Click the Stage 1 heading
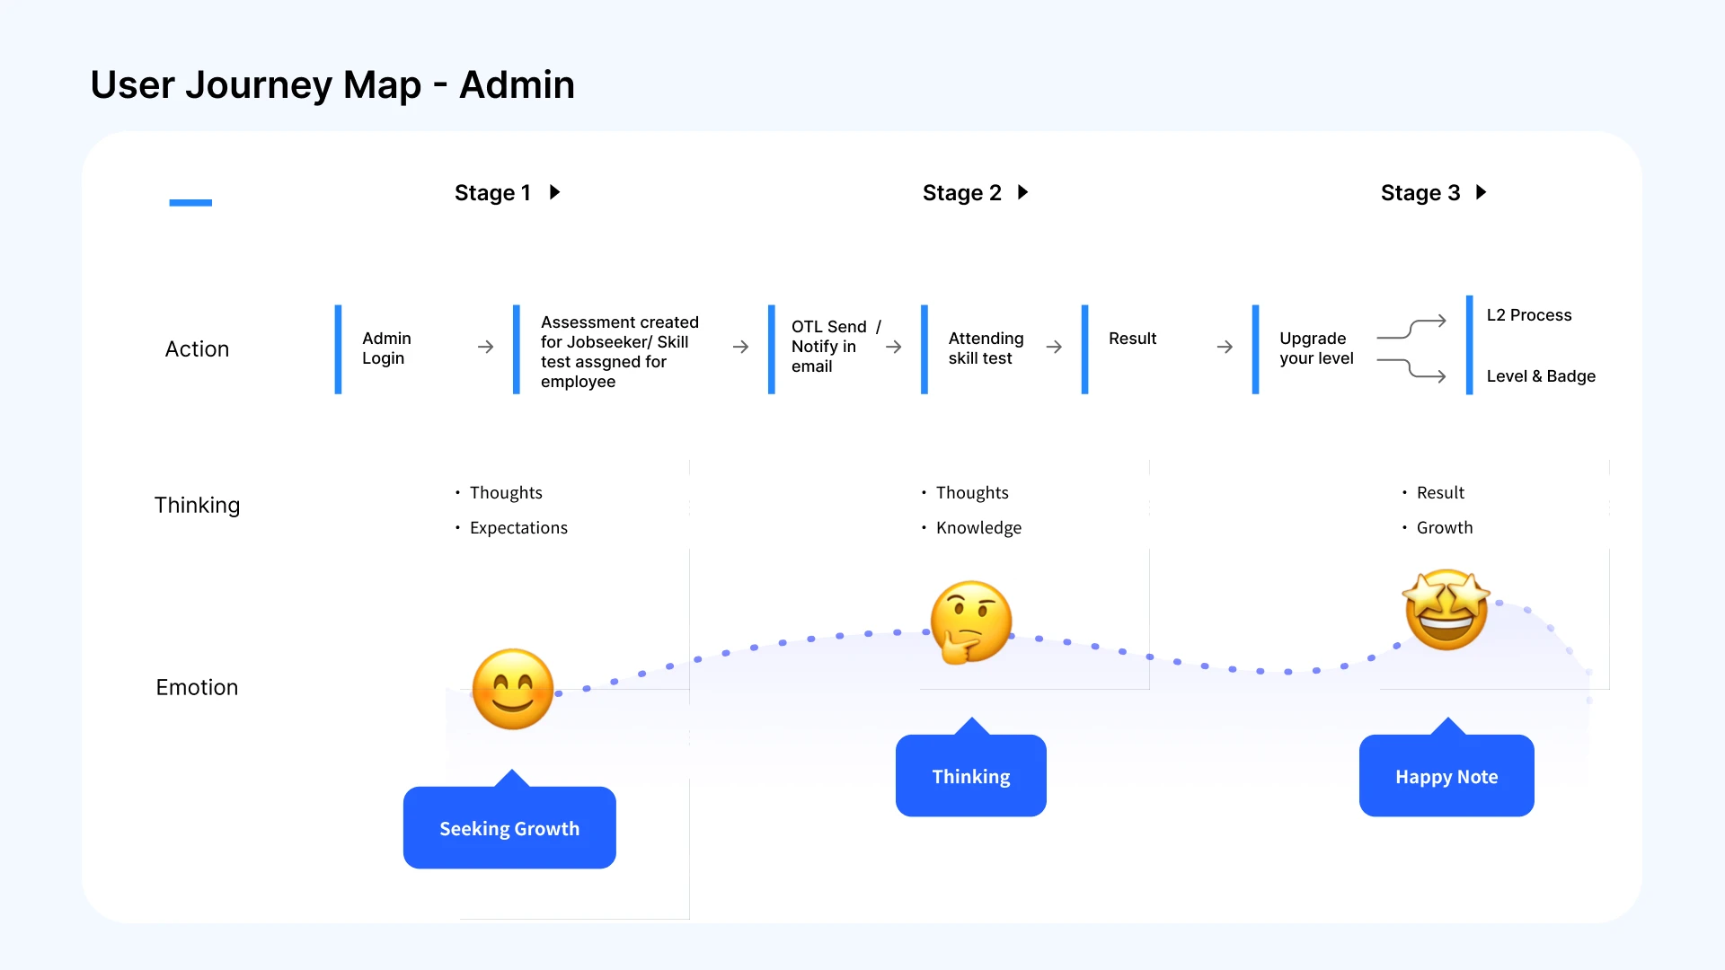click(x=492, y=193)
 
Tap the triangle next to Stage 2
click(x=1022, y=192)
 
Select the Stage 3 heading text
click(x=1420, y=193)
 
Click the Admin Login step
click(x=386, y=348)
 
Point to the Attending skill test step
click(x=986, y=348)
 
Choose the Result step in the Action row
click(x=1132, y=339)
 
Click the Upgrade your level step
click(x=1316, y=348)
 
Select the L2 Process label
click(x=1529, y=315)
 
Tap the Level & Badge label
click(x=1541, y=376)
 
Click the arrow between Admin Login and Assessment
click(x=485, y=347)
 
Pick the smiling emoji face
click(x=512, y=689)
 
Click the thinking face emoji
click(x=970, y=622)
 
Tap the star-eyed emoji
click(x=1446, y=610)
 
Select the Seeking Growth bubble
click(x=509, y=827)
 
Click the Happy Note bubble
click(x=1446, y=775)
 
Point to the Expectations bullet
click(x=518, y=528)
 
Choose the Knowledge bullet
click(x=978, y=528)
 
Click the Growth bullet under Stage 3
click(x=1445, y=528)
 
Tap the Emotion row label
click(x=197, y=687)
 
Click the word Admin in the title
click(x=517, y=84)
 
